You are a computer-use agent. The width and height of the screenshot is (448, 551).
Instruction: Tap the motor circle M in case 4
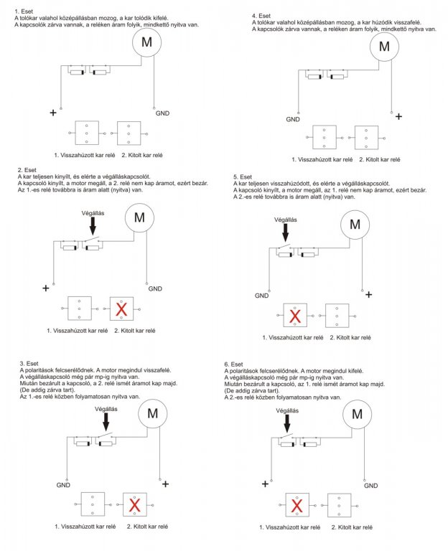384,47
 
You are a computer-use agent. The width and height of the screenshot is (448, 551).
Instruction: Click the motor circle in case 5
354,225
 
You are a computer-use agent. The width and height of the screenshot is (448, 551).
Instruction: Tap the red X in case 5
294,316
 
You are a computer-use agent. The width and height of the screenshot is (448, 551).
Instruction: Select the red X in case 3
134,504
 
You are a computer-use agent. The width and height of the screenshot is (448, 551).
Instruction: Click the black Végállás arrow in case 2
92,226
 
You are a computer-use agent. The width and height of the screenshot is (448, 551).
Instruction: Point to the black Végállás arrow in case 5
286,232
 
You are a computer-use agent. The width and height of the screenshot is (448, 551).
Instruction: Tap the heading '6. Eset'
234,364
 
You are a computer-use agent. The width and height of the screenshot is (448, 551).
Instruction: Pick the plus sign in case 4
398,116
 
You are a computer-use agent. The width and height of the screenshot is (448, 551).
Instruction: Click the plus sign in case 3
165,484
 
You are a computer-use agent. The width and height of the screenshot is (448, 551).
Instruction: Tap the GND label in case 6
372,486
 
